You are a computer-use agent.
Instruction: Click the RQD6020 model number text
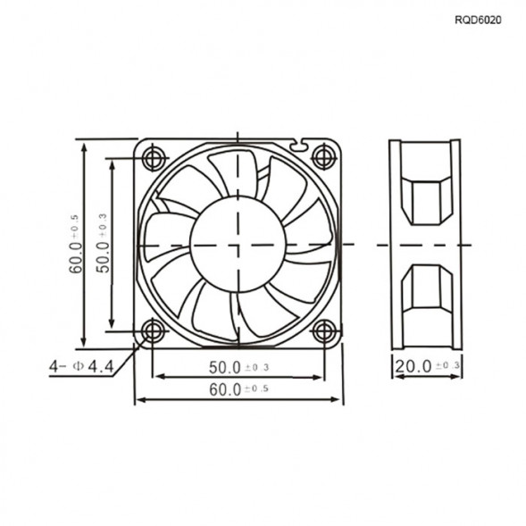[x=479, y=18]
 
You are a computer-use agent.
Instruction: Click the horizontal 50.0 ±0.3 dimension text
[x=238, y=367]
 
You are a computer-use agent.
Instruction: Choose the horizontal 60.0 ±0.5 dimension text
[x=238, y=389]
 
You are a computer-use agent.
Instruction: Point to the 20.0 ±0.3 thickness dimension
[x=427, y=366]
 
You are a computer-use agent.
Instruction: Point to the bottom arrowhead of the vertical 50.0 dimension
[x=113, y=327]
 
